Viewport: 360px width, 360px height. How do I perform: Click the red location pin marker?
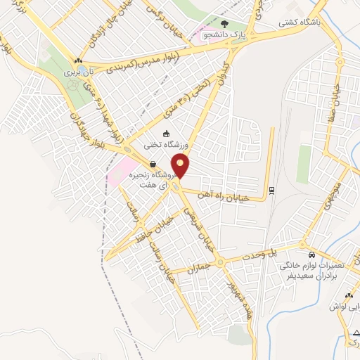click(x=181, y=166)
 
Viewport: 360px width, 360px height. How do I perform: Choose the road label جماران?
click(x=200, y=268)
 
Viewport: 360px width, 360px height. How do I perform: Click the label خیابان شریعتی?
click(x=195, y=218)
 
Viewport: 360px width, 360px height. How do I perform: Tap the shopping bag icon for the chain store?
click(x=153, y=165)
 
